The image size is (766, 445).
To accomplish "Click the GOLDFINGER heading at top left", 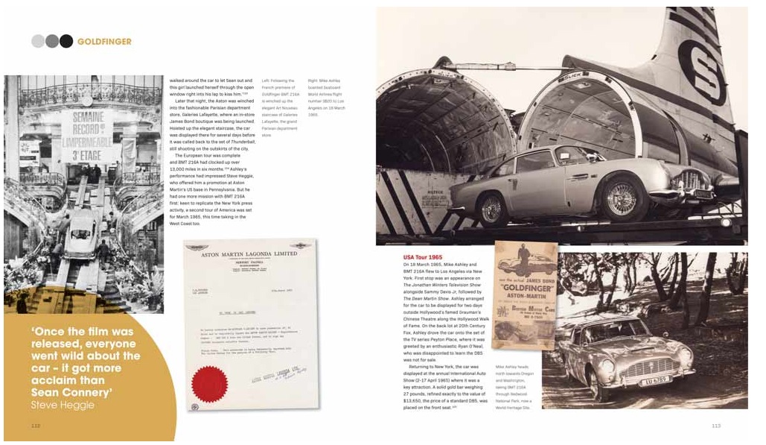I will click(x=104, y=42).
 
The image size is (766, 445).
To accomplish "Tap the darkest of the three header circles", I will click(x=66, y=41).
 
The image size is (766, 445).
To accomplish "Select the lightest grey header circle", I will click(x=38, y=41).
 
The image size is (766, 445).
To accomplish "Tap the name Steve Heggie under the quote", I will click(x=63, y=405).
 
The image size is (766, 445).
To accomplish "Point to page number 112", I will click(x=35, y=426).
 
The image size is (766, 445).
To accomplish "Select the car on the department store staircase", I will click(x=83, y=234).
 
